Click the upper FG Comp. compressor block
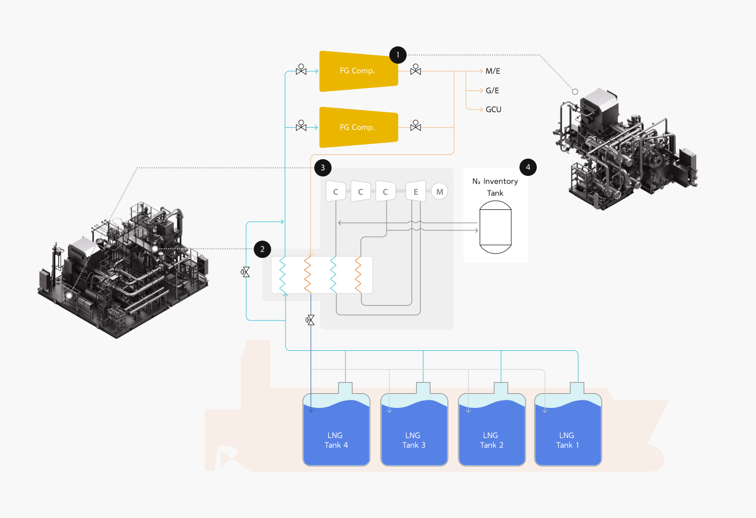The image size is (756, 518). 358,71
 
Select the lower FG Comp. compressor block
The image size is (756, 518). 358,127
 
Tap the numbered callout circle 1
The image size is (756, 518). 398,54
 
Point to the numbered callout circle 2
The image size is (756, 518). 262,249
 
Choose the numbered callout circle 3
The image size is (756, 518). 323,167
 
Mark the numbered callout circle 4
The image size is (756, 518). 528,167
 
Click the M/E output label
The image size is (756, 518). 492,71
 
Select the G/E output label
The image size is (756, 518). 492,91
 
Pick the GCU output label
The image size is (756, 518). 493,110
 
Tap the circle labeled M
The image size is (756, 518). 440,192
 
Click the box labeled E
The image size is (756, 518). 416,191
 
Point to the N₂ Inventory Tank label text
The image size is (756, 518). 495,187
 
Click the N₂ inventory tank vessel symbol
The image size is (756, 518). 495,227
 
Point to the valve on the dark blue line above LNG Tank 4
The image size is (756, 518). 310,320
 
